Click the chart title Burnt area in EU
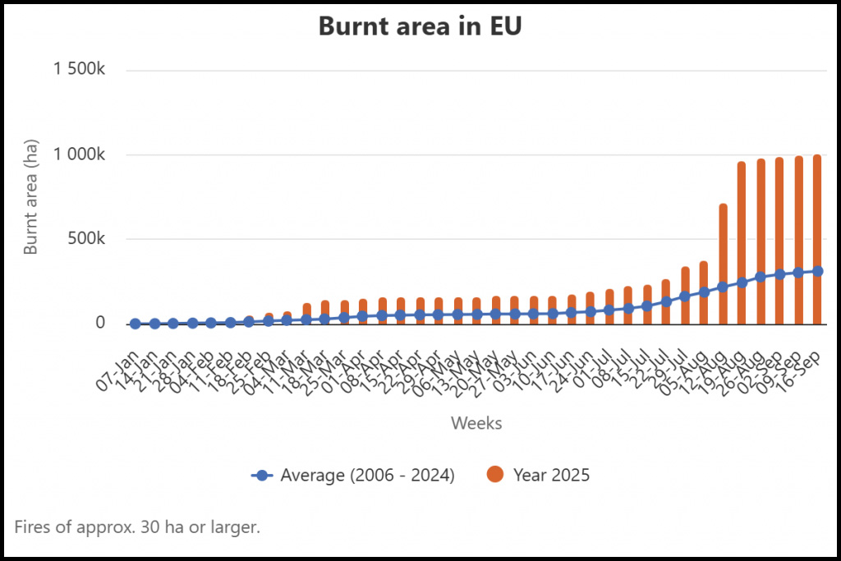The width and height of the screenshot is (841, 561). point(420,26)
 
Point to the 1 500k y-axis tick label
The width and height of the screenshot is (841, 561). point(80,70)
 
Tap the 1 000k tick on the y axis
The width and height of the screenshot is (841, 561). point(80,154)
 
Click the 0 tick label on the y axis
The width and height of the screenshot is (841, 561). point(100,323)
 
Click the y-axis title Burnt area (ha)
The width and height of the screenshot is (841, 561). point(31,197)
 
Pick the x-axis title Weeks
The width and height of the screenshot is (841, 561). point(476,424)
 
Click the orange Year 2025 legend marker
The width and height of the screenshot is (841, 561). point(494,475)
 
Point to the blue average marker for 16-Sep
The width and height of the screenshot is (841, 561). point(817,271)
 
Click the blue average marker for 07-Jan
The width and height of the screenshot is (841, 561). point(136,324)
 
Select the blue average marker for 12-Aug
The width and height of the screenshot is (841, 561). point(723,287)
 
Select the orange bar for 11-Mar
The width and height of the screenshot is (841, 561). point(306,312)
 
